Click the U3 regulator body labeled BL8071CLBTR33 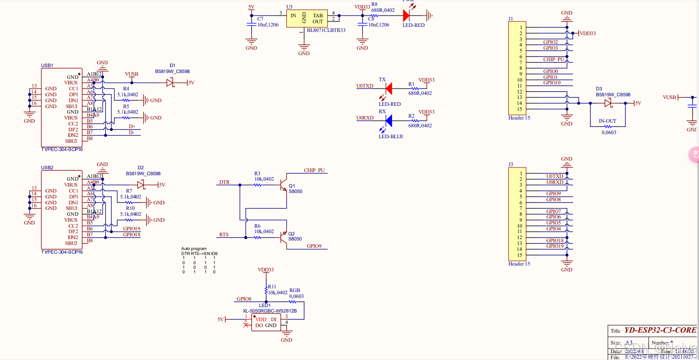pyautogui.click(x=306, y=19)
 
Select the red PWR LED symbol pyautogui.click(x=406, y=16)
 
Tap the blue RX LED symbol pyautogui.click(x=388, y=121)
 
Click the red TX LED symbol pyautogui.click(x=388, y=89)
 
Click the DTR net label pyautogui.click(x=224, y=182)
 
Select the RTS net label pyautogui.click(x=224, y=235)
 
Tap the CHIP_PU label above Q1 pyautogui.click(x=314, y=170)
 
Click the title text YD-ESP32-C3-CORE pyautogui.click(x=660, y=330)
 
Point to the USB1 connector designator pyautogui.click(x=47, y=65)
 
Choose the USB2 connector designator pyautogui.click(x=47, y=167)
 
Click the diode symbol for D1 pyautogui.click(x=171, y=83)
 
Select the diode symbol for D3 pyautogui.click(x=608, y=103)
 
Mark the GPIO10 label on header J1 pyautogui.click(x=552, y=83)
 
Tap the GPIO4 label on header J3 pyautogui.click(x=554, y=229)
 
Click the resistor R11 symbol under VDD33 pyautogui.click(x=266, y=290)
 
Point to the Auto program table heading pyautogui.click(x=194, y=249)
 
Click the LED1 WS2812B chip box pyautogui.click(x=266, y=322)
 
